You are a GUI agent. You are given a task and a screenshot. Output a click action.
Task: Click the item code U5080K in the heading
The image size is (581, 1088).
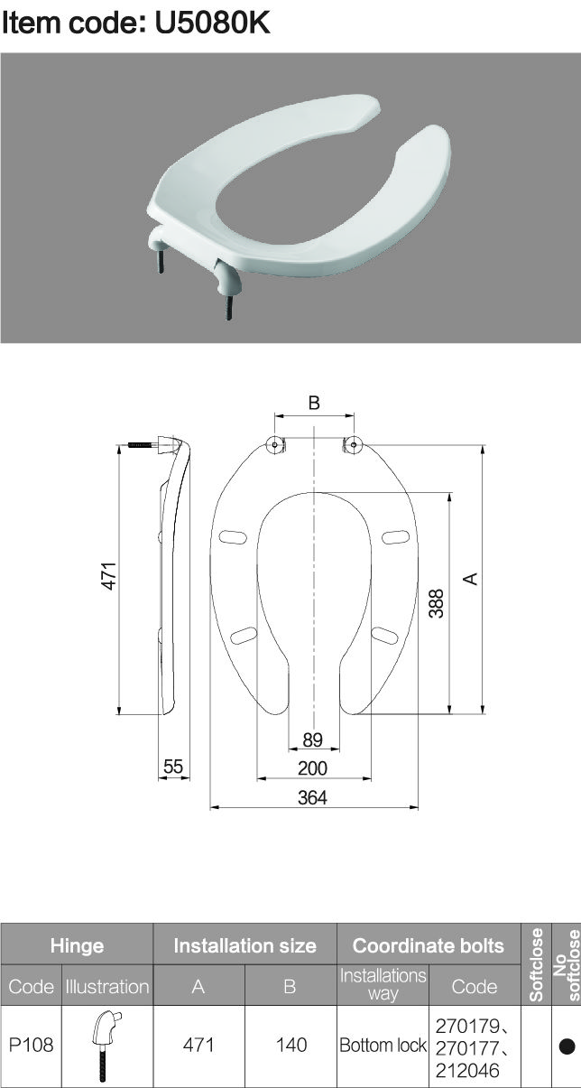click(x=213, y=23)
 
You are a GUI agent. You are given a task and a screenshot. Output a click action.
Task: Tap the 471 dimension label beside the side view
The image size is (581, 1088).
click(x=109, y=576)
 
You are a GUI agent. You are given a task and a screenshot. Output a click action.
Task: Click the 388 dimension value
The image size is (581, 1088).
click(x=437, y=603)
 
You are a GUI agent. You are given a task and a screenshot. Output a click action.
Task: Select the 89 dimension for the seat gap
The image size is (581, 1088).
click(x=312, y=739)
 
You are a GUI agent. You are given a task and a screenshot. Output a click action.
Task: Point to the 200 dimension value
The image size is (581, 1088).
click(x=312, y=767)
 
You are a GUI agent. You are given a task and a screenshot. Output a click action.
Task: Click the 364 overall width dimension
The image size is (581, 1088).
click(x=312, y=797)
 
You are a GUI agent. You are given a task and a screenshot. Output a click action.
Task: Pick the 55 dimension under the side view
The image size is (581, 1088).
click(x=173, y=767)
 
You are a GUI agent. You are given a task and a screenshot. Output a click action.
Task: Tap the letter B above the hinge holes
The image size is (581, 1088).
click(x=314, y=403)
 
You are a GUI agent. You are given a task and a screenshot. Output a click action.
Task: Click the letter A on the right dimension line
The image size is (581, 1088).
click(x=470, y=579)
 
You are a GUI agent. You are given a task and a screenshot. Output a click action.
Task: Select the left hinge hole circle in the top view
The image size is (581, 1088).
click(x=275, y=444)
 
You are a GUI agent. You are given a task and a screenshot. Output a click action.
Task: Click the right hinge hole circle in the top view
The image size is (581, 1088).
click(x=354, y=444)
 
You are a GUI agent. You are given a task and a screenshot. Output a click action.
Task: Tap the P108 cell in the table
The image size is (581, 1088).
click(x=31, y=1045)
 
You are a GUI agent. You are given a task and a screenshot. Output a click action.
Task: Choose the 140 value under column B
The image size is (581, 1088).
click(x=291, y=1045)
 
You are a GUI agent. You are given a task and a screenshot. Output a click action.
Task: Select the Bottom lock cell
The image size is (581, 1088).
click(x=383, y=1046)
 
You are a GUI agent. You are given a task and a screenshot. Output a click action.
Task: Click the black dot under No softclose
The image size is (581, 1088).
click(x=567, y=1046)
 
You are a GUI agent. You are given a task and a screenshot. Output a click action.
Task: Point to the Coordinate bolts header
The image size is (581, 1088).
click(x=429, y=945)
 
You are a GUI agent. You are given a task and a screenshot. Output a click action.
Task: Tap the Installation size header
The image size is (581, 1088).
click(x=245, y=945)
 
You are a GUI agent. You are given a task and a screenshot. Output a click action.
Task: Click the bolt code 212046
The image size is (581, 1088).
click(x=467, y=1071)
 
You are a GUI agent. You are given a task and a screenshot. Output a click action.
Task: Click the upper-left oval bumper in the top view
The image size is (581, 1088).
click(x=233, y=537)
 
